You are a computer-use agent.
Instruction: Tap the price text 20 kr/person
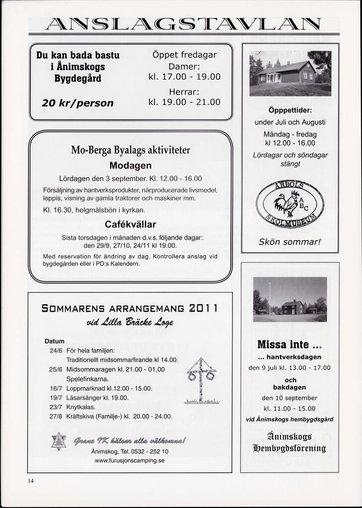[x=77, y=103]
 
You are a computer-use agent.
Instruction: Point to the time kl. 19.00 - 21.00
[x=184, y=103]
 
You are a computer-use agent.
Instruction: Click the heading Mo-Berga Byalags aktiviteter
[x=131, y=150]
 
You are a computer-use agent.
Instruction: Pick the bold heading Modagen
[x=130, y=165]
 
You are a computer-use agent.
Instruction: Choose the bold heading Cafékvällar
[x=130, y=224]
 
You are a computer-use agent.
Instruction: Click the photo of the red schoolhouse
[x=290, y=73]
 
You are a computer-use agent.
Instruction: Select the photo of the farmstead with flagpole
[x=290, y=299]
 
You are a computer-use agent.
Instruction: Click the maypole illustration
[x=201, y=380]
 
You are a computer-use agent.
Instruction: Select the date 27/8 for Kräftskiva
[x=56, y=416]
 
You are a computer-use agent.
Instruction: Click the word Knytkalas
[x=80, y=407]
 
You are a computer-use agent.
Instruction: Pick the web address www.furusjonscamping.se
[x=130, y=460]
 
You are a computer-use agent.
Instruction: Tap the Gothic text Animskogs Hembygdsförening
[x=290, y=443]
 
